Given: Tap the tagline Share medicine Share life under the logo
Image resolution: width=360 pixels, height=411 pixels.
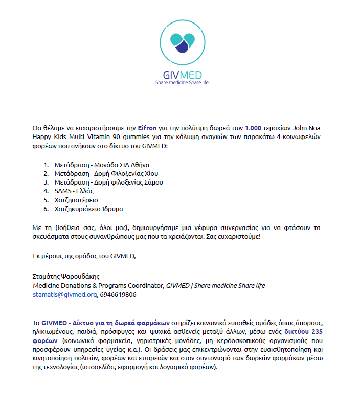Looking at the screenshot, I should [182, 82].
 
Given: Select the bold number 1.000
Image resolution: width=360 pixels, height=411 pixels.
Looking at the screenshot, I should [254, 128].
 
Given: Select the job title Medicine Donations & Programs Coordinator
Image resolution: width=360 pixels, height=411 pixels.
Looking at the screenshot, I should [98, 285].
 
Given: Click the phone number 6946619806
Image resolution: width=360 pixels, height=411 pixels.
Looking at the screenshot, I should [118, 295].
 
